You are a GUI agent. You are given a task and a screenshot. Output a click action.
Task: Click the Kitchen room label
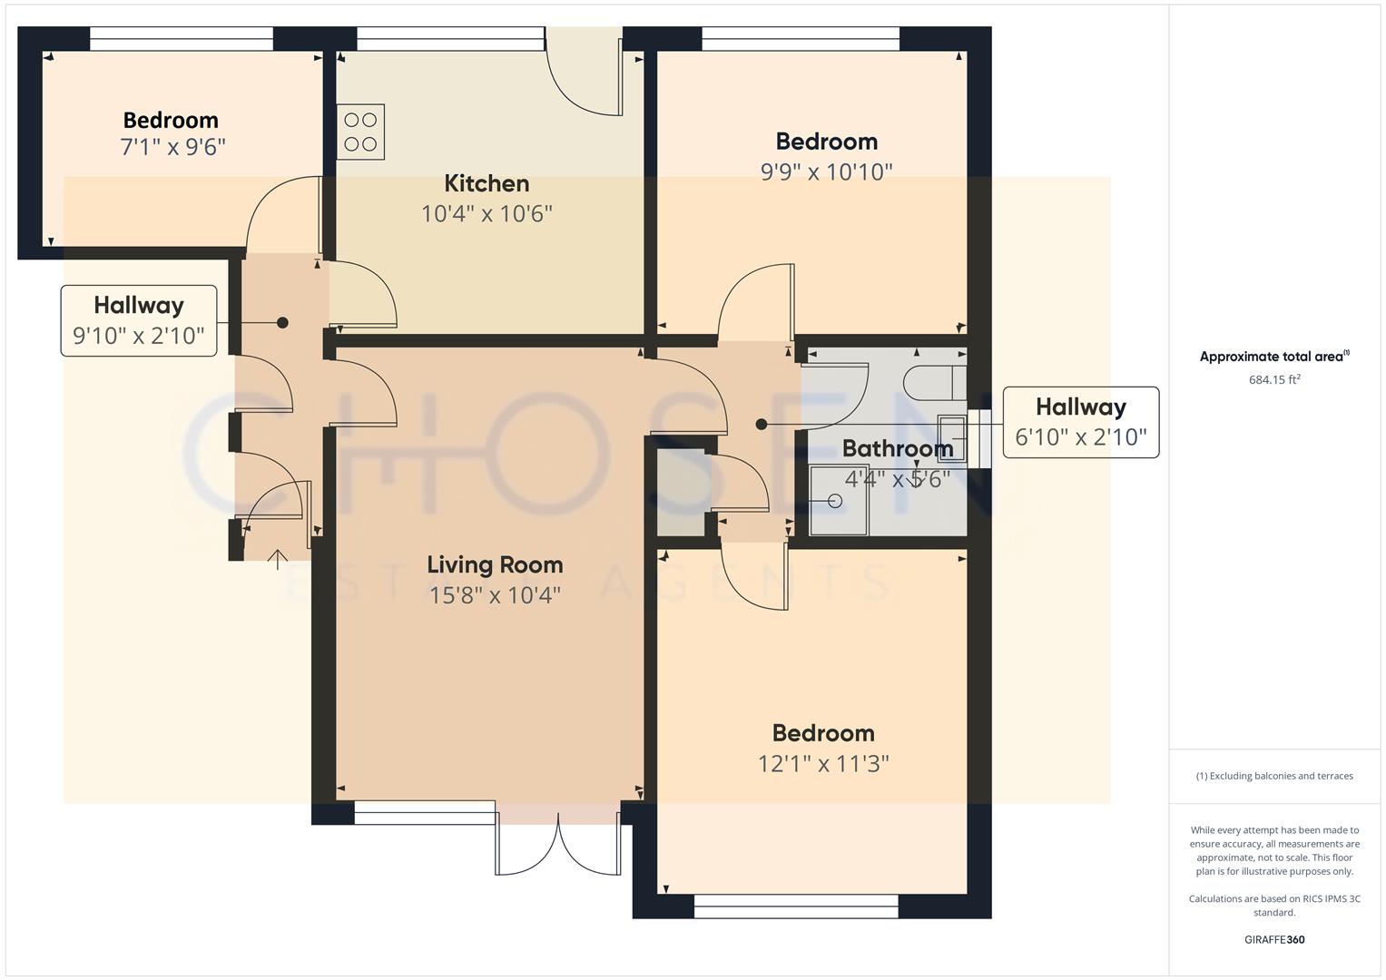[487, 183]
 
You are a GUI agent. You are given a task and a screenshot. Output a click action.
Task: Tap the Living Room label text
[495, 564]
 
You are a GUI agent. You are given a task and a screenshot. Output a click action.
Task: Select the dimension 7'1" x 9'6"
[172, 147]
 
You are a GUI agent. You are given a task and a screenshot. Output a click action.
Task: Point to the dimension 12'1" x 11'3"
[823, 764]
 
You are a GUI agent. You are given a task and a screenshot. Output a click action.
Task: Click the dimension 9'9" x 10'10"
[826, 171]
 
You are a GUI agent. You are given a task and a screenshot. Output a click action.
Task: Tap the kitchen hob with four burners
[360, 132]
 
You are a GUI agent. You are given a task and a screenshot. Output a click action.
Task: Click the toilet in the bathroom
[935, 383]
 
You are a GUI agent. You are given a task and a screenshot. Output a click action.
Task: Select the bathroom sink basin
[952, 438]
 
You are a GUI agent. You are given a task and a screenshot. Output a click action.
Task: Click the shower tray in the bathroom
[839, 501]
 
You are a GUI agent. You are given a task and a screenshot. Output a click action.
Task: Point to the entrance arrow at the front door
[277, 558]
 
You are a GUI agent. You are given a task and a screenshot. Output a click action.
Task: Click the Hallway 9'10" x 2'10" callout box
[139, 320]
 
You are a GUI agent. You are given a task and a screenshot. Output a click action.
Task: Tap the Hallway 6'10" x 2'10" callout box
[1080, 422]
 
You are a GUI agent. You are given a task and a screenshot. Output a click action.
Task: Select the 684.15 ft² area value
[1274, 380]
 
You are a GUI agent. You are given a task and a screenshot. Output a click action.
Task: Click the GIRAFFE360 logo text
[1274, 939]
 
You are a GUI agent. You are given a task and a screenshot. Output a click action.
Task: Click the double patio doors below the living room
[558, 839]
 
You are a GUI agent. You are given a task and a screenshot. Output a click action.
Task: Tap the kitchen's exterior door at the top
[584, 73]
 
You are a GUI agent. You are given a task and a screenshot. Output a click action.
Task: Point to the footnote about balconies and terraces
[1274, 776]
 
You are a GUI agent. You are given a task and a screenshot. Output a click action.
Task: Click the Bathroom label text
[897, 448]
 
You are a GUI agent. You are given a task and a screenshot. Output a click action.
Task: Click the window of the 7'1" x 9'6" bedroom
[182, 38]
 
